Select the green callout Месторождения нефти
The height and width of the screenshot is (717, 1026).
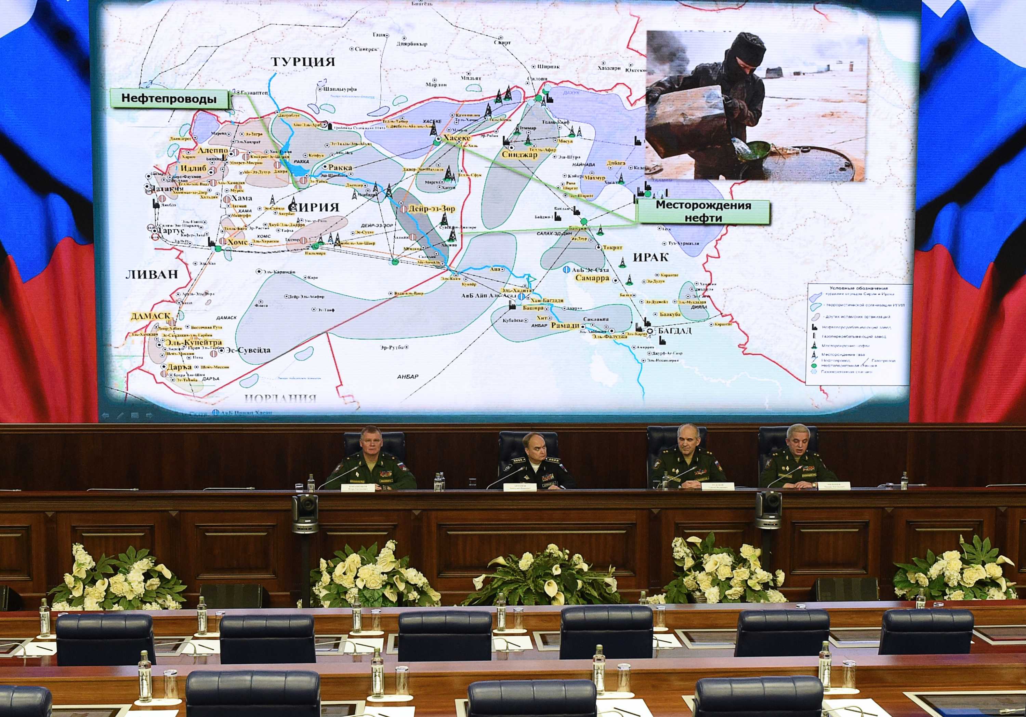click(x=703, y=212)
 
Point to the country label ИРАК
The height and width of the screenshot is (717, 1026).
click(x=650, y=257)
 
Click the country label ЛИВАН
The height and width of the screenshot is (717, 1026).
click(x=152, y=274)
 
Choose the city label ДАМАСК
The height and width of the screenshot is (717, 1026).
click(x=150, y=316)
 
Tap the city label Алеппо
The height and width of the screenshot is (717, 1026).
click(x=213, y=151)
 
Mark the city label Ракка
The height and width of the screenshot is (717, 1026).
click(x=340, y=167)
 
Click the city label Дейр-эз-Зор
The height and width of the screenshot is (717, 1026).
click(x=431, y=208)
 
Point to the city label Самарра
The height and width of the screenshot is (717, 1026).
click(x=592, y=278)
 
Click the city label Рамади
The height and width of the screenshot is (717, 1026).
click(x=565, y=325)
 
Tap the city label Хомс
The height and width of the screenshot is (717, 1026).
click(x=237, y=242)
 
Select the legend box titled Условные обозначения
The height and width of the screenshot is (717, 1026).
click(x=858, y=334)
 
